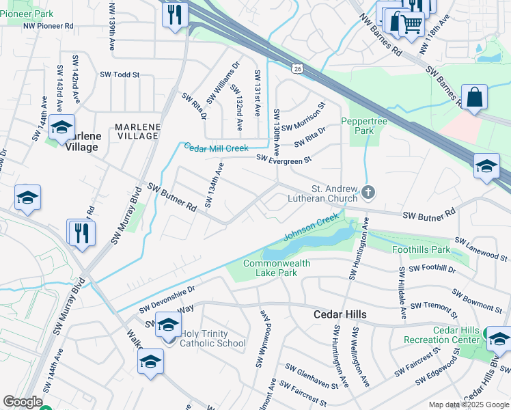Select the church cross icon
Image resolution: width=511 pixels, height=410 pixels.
[x=369, y=193]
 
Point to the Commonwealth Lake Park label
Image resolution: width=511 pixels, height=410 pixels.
[x=277, y=268]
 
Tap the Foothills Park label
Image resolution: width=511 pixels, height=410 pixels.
[x=422, y=250]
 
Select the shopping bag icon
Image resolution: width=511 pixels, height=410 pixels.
[x=474, y=97]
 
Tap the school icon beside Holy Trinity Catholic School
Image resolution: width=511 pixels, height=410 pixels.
[x=167, y=325]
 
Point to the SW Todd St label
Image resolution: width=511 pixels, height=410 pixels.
[x=120, y=74]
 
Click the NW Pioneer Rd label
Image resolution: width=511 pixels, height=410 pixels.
[x=48, y=26]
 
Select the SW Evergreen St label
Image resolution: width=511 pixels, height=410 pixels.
[x=284, y=159]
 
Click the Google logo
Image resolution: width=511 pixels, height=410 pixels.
[x=23, y=402]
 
